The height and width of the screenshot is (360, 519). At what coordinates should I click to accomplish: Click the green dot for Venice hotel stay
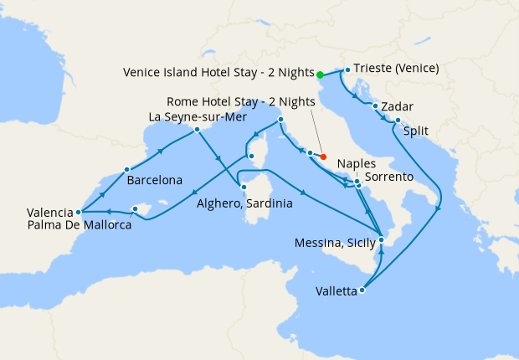(321, 75)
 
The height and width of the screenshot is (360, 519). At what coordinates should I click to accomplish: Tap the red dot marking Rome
(323, 156)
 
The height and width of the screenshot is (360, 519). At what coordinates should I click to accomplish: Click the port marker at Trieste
(348, 69)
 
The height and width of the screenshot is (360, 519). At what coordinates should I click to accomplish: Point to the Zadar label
(396, 108)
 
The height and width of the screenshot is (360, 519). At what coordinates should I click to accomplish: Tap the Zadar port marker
(375, 105)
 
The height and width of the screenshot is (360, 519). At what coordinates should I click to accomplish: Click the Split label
(416, 131)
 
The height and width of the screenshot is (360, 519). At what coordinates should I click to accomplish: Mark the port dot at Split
(398, 121)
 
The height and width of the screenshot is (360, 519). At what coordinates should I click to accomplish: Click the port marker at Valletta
(362, 291)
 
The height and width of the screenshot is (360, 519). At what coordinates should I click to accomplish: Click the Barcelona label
(155, 180)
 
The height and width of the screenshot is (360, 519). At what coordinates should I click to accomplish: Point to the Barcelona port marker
(126, 168)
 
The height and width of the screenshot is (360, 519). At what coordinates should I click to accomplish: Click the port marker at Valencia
(78, 212)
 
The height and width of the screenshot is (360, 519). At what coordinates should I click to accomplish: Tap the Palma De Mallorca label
(79, 225)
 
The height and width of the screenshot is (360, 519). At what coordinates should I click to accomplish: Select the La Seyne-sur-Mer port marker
(197, 129)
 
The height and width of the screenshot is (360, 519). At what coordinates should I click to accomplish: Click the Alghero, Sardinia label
(244, 203)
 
